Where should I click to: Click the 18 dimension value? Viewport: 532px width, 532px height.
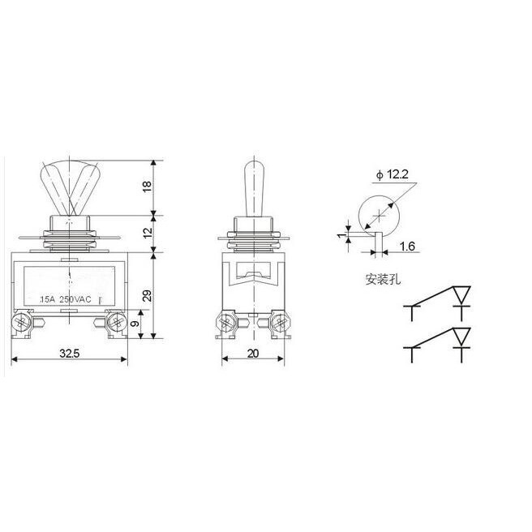pyautogui.click(x=147, y=186)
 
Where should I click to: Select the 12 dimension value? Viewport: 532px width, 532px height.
pyautogui.click(x=147, y=233)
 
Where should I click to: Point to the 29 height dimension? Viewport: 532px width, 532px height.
pyautogui.click(x=147, y=296)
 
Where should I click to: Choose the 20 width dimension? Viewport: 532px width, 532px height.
pyautogui.click(x=253, y=354)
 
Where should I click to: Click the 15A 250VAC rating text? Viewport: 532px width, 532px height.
pyautogui.click(x=68, y=300)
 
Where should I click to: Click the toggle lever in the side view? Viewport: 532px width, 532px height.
pyautogui.click(x=253, y=186)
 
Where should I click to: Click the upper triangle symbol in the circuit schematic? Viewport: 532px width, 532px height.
pyautogui.click(x=462, y=295)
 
